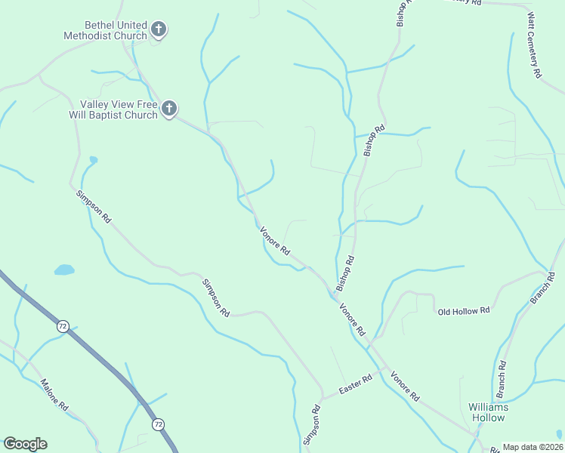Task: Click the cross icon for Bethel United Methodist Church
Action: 159,30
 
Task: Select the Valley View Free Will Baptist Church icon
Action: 169,109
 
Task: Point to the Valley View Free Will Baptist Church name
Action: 119,109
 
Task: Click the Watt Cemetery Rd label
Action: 535,46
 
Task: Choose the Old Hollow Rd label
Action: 464,310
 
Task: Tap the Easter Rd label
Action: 356,384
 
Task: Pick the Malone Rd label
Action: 54,394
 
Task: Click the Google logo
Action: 25,444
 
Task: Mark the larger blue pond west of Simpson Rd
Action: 64,270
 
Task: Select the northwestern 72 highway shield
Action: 62,326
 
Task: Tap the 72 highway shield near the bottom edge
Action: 157,425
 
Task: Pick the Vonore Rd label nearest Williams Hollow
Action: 405,385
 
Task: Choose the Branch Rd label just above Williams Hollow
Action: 501,380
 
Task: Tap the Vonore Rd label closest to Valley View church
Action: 275,241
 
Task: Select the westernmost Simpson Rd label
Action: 93,205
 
